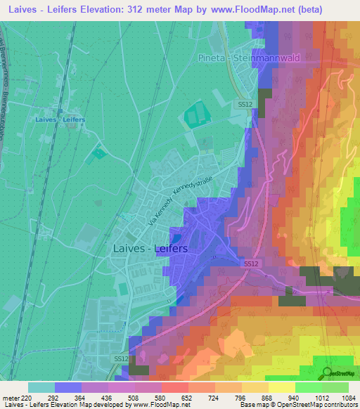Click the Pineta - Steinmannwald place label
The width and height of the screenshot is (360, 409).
(x=256, y=58)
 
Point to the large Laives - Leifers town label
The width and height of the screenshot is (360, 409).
(x=150, y=248)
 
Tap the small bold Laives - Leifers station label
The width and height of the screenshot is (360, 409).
(x=60, y=119)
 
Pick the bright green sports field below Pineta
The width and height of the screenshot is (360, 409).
(x=195, y=115)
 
